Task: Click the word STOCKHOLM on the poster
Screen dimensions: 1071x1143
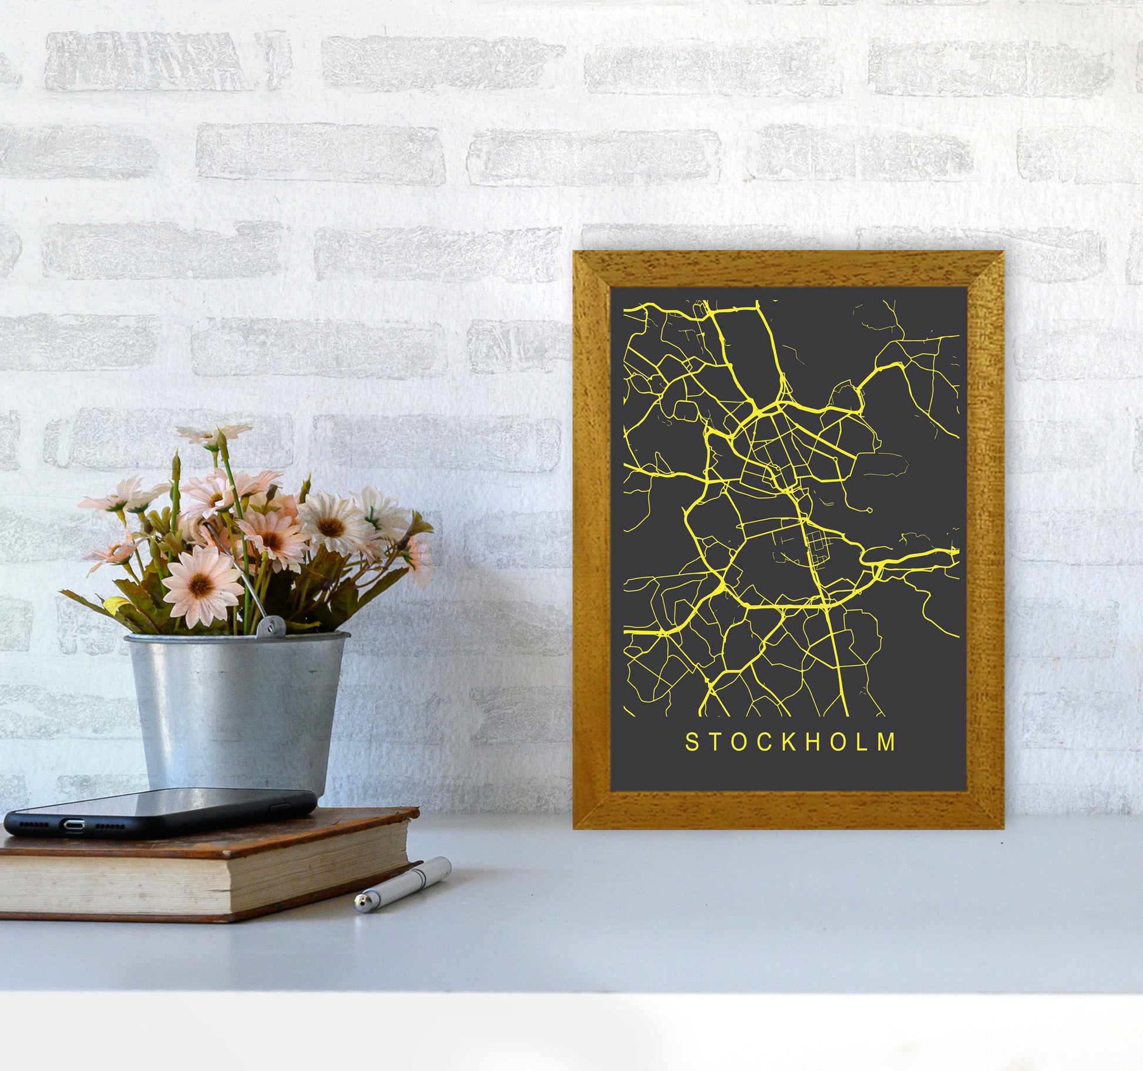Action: (x=791, y=742)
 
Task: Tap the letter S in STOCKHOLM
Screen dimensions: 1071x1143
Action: (x=691, y=742)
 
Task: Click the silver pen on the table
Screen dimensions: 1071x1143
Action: (x=402, y=884)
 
